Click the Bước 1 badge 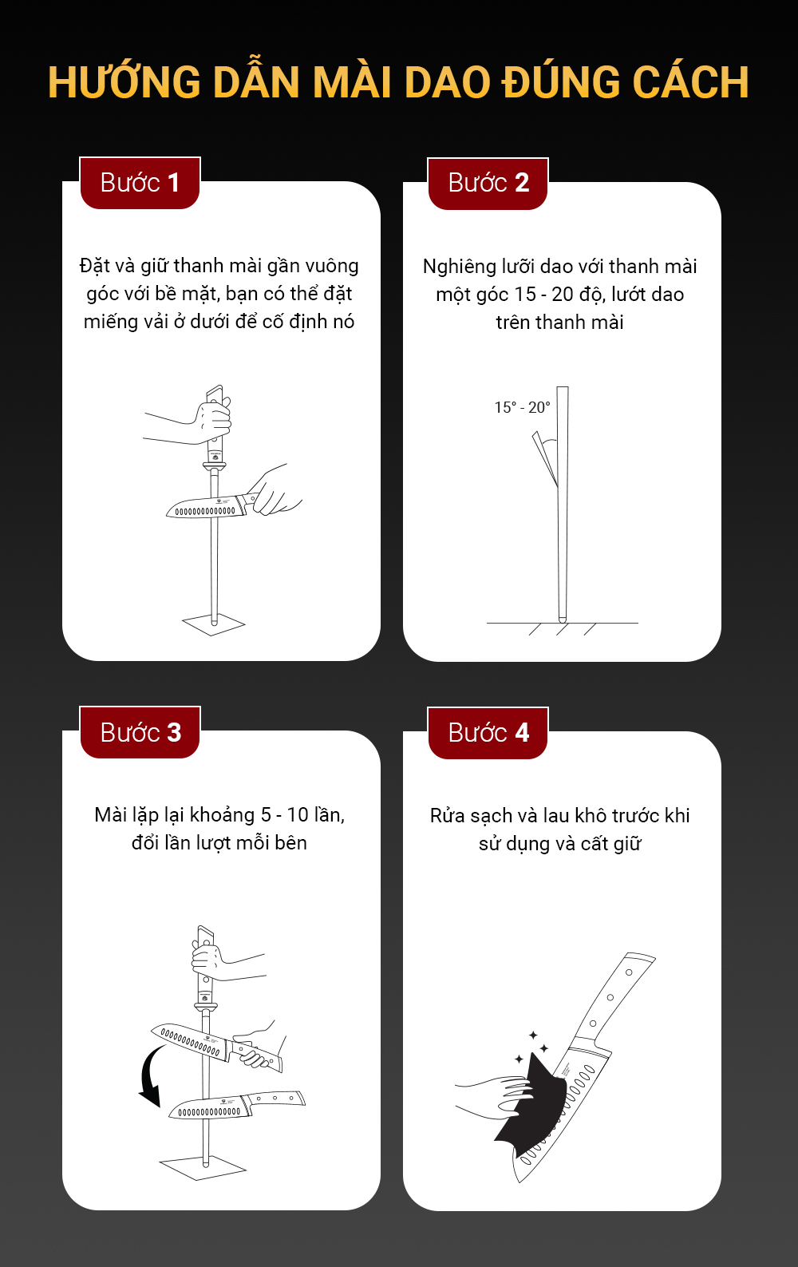point(140,184)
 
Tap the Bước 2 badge point(488,184)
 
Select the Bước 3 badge point(140,732)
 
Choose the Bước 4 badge point(488,733)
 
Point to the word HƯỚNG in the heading point(124,82)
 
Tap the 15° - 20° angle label point(522,407)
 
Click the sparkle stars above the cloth point(531,1047)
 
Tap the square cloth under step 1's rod point(213,624)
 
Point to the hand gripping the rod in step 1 point(214,422)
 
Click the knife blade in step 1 point(206,507)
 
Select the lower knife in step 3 point(237,1105)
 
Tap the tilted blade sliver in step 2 point(545,458)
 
